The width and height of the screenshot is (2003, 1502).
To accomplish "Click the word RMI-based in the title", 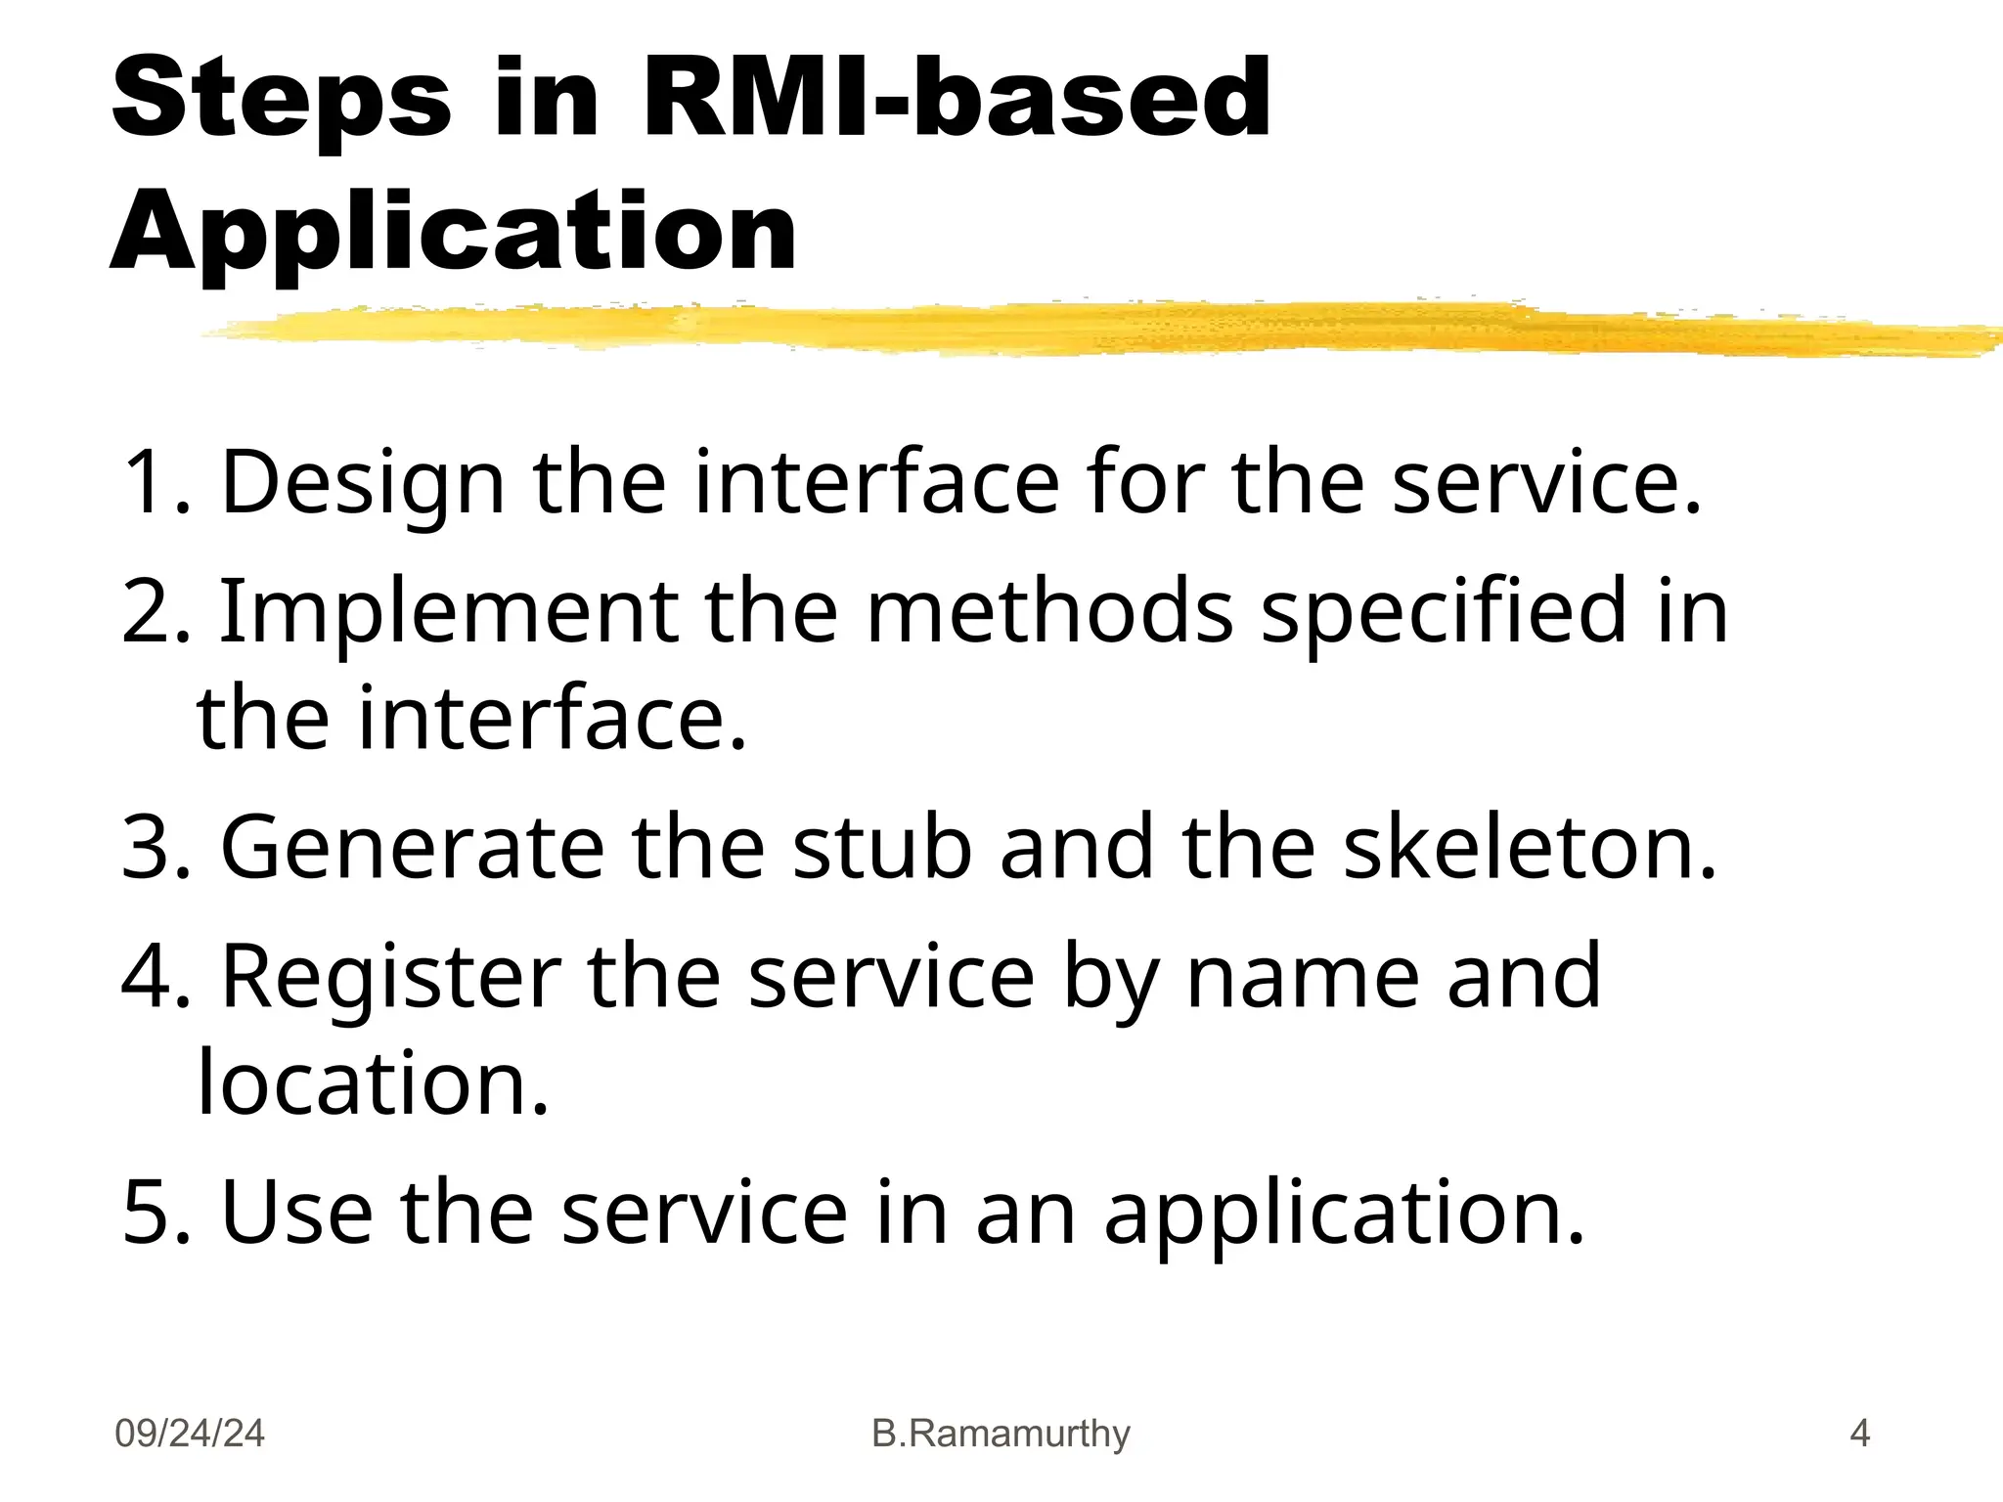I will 957,98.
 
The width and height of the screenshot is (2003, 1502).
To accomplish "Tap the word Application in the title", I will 454,232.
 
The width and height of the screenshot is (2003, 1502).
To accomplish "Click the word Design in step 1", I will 363,484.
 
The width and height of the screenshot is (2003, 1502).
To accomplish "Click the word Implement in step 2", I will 448,612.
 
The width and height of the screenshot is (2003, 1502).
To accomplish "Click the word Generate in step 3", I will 413,848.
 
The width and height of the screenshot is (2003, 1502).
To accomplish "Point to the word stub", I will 881,846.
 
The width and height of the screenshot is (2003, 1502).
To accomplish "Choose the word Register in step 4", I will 391,978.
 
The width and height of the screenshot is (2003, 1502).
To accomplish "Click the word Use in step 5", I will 297,1214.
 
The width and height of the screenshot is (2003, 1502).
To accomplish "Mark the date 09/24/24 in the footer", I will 190,1434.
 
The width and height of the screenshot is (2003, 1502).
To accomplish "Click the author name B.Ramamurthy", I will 1001,1434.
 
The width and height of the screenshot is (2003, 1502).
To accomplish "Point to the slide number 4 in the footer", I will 1859,1434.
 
